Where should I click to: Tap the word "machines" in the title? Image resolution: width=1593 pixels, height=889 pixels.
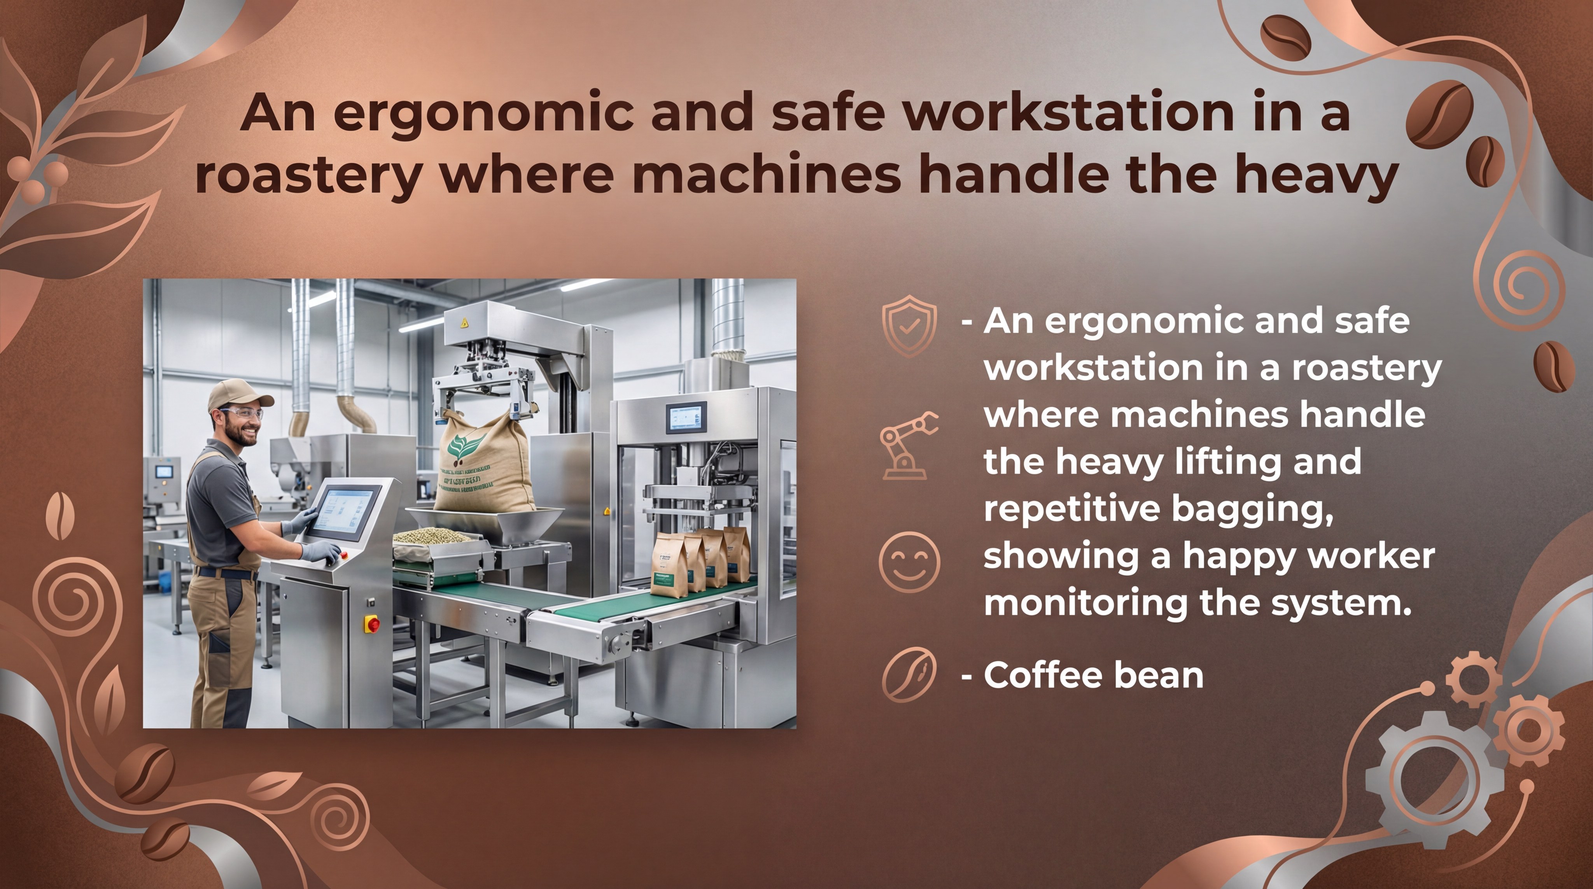pyautogui.click(x=767, y=175)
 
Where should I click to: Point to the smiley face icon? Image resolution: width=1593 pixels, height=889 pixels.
pyautogui.click(x=909, y=563)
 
